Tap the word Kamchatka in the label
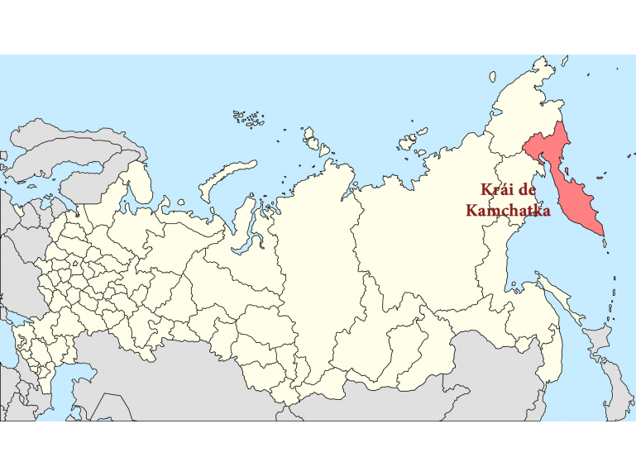[x=508, y=211]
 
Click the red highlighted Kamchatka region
[x=571, y=182]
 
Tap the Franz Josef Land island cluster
[x=248, y=117]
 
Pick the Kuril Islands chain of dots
[x=614, y=289]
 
